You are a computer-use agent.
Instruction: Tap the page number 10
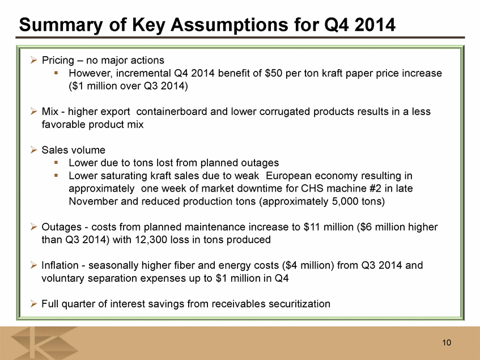click(x=447, y=342)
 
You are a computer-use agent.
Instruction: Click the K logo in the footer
click(x=45, y=342)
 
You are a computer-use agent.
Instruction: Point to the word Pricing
click(x=58, y=61)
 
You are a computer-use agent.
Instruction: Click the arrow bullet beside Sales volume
click(x=33, y=150)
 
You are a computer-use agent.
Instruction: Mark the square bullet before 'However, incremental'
click(x=56, y=73)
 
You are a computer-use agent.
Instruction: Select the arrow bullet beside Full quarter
click(x=33, y=304)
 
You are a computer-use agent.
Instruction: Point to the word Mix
click(x=50, y=112)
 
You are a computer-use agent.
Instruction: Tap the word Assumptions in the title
click(x=230, y=25)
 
